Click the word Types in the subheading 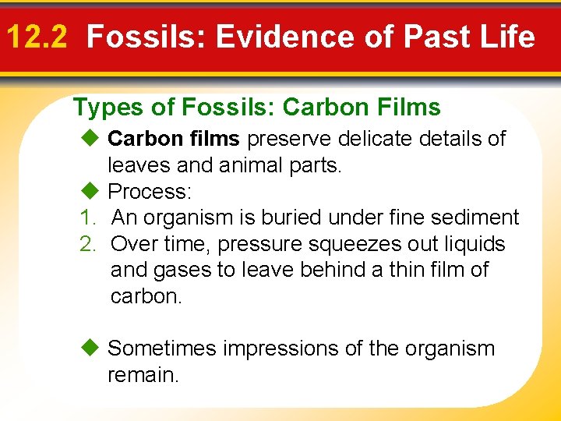pyautogui.click(x=102, y=108)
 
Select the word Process pyautogui.click(x=150, y=191)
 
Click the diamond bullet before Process pyautogui.click(x=90, y=191)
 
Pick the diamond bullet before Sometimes pyautogui.click(x=90, y=348)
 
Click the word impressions pyautogui.click(x=293, y=348)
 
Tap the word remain pyautogui.click(x=143, y=375)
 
